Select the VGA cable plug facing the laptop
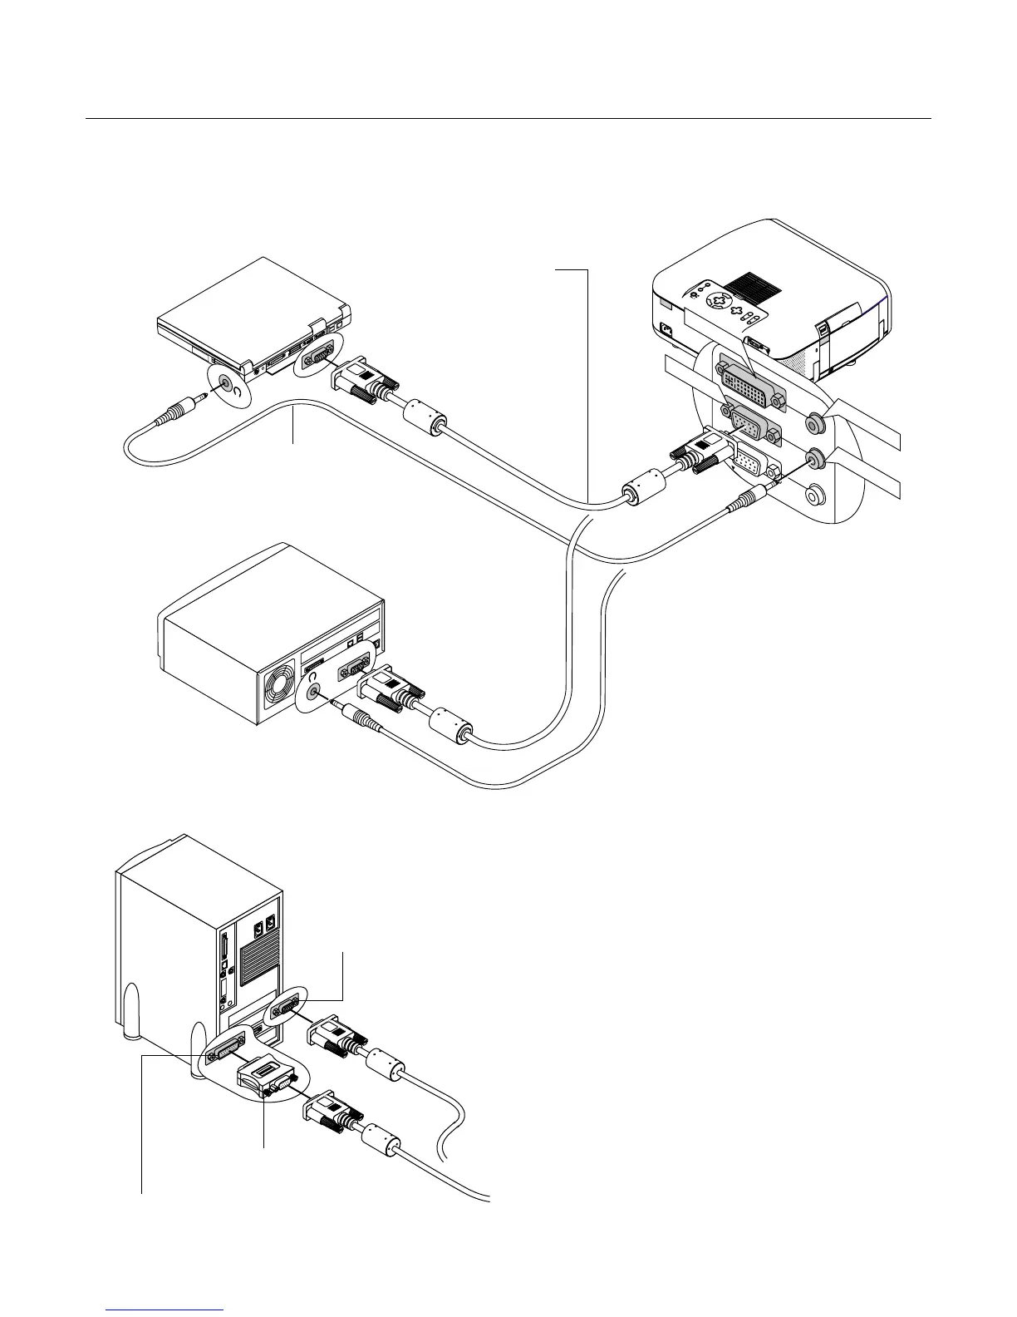(364, 383)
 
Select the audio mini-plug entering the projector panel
(747, 501)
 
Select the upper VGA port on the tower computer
(285, 1010)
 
